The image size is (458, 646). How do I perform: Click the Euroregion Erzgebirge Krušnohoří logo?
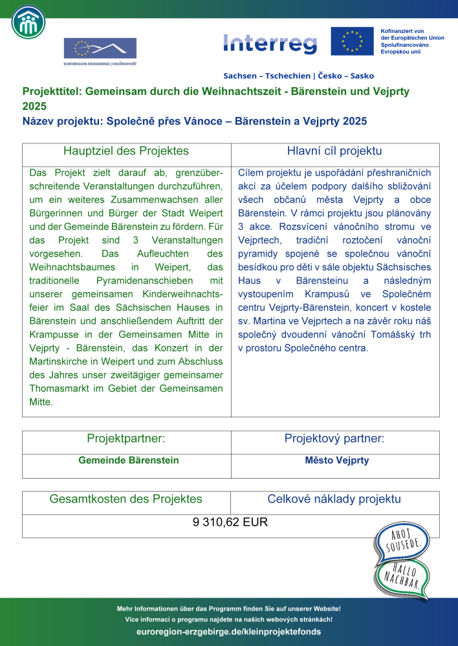pyautogui.click(x=100, y=52)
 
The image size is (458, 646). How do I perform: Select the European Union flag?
pyautogui.click(x=352, y=41)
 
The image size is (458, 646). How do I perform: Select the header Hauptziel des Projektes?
pyautogui.click(x=126, y=151)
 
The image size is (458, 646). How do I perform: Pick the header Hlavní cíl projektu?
pyautogui.click(x=334, y=151)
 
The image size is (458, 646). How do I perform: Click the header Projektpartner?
pyautogui.click(x=126, y=439)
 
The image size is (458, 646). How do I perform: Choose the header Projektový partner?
pyautogui.click(x=334, y=439)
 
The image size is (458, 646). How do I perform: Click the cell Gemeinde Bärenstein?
pyautogui.click(x=128, y=461)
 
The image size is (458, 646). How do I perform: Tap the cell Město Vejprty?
pyautogui.click(x=336, y=461)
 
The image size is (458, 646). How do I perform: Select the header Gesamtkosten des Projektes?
pyautogui.click(x=126, y=499)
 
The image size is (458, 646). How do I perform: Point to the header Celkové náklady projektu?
pyautogui.click(x=334, y=499)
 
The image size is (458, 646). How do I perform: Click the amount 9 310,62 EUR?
pyautogui.click(x=230, y=523)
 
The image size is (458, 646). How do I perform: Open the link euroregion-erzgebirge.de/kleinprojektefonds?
pyautogui.click(x=229, y=631)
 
